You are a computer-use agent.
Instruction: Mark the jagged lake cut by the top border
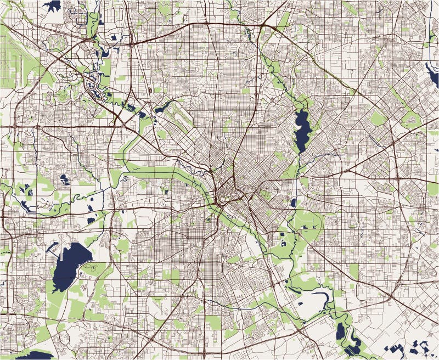pyautogui.click(x=53, y=5)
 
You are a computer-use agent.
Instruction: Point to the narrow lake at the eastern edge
pyautogui.click(x=432, y=74)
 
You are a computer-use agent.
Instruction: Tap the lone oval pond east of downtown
pyautogui.click(x=293, y=203)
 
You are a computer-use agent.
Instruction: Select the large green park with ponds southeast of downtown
pyautogui.click(x=299, y=230)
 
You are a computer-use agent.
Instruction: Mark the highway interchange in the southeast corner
pyautogui.click(x=391, y=297)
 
